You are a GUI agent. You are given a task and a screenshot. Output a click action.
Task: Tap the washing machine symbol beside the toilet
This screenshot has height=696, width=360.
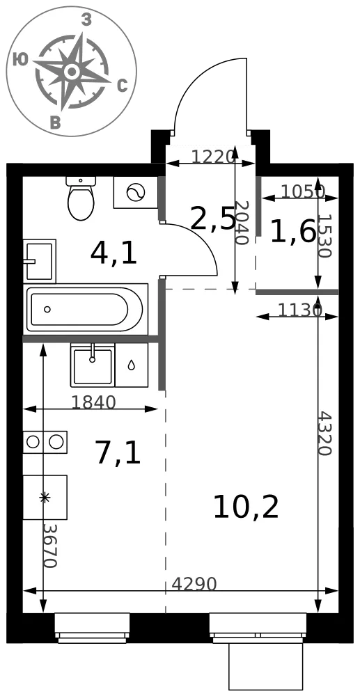135,192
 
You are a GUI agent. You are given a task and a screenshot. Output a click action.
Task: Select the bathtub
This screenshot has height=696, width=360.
86,310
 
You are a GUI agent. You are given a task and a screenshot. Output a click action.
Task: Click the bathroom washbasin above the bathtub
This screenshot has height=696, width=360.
40,261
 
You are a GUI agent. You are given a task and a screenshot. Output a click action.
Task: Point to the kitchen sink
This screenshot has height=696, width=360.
93,365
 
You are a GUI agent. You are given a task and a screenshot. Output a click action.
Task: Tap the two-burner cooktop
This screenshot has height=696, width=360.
45,442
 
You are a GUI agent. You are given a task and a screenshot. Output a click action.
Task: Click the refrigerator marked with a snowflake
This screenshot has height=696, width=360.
45,497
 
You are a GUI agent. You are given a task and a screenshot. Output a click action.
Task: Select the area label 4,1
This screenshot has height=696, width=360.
114,253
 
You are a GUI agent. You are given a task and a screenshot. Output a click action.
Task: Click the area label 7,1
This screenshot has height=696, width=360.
118,453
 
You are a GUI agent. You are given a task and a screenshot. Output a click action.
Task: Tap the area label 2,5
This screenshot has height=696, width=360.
212,219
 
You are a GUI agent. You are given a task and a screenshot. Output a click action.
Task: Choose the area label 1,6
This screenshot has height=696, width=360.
293,231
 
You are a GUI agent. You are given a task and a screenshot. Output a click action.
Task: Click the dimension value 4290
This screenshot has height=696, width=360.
194,584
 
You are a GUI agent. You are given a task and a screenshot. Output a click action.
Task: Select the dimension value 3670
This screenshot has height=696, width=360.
51,546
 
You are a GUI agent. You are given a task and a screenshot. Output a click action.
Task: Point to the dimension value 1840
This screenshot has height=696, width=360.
93,402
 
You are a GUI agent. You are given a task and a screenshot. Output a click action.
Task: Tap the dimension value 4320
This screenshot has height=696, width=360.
325,434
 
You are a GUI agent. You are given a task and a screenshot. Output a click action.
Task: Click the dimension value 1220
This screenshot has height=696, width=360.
212,156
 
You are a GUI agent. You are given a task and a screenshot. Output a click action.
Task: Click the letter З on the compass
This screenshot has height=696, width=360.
86,19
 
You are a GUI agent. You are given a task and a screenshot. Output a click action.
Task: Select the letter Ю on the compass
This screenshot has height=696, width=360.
21,59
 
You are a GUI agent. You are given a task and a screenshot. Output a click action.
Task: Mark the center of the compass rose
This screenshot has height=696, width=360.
72,71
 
